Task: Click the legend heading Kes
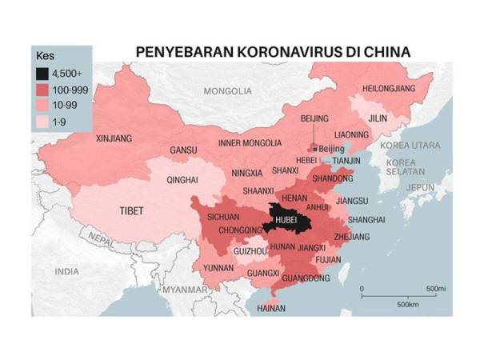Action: point(46,57)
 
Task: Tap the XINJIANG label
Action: point(114,138)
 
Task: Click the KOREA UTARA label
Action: point(405,146)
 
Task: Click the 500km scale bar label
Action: point(407,305)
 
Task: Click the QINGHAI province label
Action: point(182,181)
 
